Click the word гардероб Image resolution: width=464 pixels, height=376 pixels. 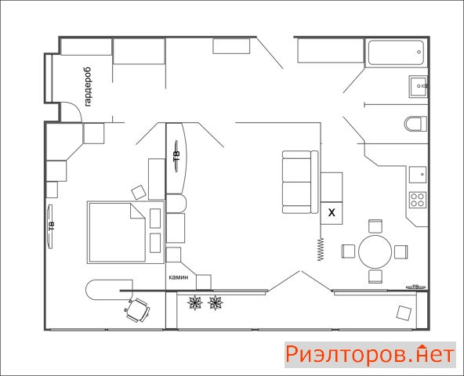click(88, 87)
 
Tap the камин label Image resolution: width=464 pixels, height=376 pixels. click(179, 277)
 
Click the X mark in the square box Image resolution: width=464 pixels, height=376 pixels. click(332, 212)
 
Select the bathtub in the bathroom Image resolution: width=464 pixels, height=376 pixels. click(397, 52)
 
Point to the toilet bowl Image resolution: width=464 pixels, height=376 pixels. click(415, 123)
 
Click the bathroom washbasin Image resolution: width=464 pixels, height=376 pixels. click(418, 86)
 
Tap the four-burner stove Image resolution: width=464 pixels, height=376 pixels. click(418, 200)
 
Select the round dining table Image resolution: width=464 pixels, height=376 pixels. click(375, 251)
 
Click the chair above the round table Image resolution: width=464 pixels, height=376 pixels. click(375, 226)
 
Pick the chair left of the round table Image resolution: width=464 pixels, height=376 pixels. click(348, 251)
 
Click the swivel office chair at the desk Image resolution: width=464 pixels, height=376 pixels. click(137, 310)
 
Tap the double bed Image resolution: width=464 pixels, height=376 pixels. click(125, 232)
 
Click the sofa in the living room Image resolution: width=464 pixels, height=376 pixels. click(300, 182)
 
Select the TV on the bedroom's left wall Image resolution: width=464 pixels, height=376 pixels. click(51, 226)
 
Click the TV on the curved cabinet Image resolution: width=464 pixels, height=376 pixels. click(176, 156)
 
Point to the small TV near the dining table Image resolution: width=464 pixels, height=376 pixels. click(415, 287)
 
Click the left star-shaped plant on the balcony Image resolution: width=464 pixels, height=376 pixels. click(195, 302)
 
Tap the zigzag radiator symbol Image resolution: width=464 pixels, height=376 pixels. click(321, 249)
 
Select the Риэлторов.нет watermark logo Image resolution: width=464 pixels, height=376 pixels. click(370, 355)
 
